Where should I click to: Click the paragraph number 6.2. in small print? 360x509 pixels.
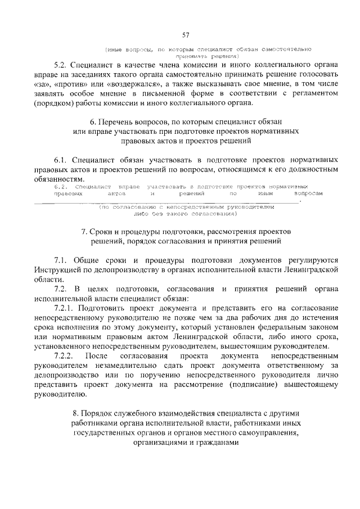(61, 186)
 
